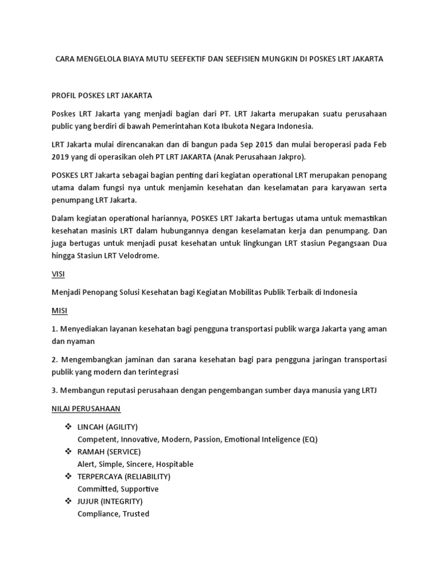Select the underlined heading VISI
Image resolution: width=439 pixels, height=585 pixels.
58,274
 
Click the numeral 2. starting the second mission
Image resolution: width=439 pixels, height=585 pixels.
55,360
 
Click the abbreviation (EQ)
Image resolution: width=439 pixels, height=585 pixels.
309,439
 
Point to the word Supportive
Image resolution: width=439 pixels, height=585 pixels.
138,489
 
